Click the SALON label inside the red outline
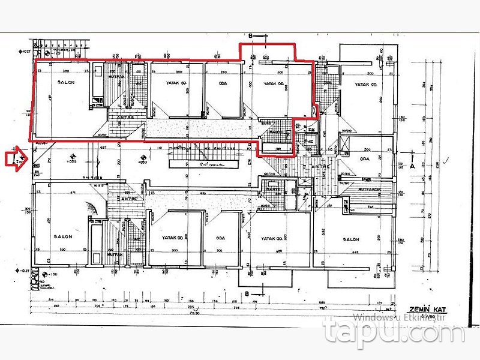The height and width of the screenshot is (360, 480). [66, 82]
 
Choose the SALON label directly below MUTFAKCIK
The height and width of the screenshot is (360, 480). [350, 239]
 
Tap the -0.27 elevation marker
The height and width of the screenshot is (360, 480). [25, 271]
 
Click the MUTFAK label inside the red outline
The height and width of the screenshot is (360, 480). [116, 77]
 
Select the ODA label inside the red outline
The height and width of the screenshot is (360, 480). [222, 83]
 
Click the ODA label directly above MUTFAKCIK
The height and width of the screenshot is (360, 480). [364, 159]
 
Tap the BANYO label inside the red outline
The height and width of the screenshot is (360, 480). [276, 132]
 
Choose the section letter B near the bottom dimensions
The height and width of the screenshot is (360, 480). [247, 292]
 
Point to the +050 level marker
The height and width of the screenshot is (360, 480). [142, 163]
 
